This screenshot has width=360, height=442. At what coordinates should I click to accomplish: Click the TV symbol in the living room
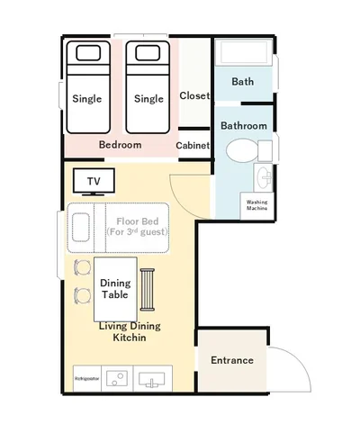point(94,182)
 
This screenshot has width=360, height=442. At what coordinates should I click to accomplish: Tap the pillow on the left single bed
point(88,53)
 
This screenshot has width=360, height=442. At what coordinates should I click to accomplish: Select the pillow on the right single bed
point(148,53)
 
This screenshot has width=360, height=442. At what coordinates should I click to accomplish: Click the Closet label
point(194,95)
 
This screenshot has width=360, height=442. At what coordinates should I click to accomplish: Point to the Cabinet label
point(193,146)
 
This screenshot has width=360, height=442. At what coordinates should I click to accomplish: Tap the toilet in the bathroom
point(249,150)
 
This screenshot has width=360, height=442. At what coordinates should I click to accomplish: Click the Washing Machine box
point(256,205)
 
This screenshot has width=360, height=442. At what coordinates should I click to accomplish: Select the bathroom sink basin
point(263,177)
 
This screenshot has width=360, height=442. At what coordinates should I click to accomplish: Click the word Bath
point(243,82)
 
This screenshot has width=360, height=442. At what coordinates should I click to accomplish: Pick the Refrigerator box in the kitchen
point(87,378)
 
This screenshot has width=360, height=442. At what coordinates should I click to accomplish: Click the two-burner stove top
point(117,379)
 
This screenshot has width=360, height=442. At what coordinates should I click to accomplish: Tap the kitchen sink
point(152,379)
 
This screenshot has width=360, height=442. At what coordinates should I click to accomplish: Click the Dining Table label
point(115,289)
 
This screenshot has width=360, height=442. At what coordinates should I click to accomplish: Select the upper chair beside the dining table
point(83,267)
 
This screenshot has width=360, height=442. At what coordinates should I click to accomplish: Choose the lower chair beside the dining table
point(83,296)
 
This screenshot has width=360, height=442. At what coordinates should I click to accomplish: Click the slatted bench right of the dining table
point(148,290)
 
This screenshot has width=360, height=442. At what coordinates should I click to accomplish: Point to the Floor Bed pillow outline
point(81,228)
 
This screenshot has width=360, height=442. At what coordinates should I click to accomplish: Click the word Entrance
point(232,360)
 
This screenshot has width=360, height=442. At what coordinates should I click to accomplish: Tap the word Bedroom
point(121,145)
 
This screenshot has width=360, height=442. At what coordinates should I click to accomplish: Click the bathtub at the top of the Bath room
point(244,51)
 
